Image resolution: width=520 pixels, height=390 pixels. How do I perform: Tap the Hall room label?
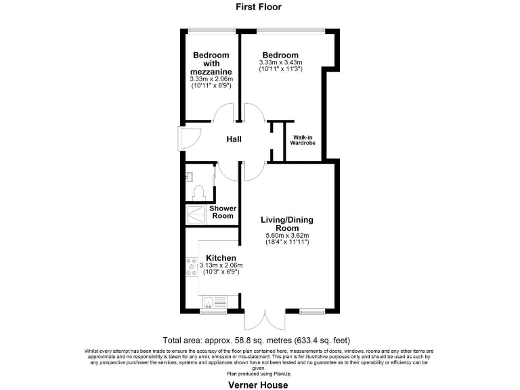click(x=234, y=140)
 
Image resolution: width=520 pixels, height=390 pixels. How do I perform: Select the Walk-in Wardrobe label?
click(x=303, y=140)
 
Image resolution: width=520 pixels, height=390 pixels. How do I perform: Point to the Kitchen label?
click(x=221, y=258)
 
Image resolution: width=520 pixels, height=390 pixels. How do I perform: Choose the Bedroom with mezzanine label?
click(x=211, y=64)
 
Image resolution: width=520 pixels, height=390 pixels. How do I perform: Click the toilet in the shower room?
click(x=199, y=194)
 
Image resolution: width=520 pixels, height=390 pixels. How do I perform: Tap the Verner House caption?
click(x=258, y=385)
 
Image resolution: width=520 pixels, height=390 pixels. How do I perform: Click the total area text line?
click(x=257, y=340)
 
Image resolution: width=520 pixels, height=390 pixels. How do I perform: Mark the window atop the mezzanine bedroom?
click(x=207, y=29)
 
